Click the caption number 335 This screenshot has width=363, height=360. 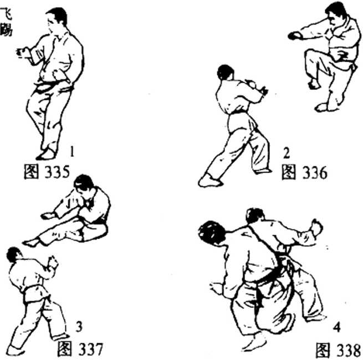57,172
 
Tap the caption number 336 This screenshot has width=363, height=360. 315,173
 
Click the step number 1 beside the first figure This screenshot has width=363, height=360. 72,151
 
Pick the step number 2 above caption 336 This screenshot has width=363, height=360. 287,153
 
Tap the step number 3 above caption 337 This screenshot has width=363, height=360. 79,327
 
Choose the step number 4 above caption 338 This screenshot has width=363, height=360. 337,328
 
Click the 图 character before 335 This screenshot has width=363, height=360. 31,172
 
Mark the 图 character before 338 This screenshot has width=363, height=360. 323,350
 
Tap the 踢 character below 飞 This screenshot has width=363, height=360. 6,30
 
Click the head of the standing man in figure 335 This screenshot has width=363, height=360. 57,18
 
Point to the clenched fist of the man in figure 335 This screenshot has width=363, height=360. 22,53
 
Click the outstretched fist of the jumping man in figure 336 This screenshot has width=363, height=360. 295,36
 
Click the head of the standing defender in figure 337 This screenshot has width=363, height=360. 13,255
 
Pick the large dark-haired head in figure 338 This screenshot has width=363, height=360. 212,232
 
